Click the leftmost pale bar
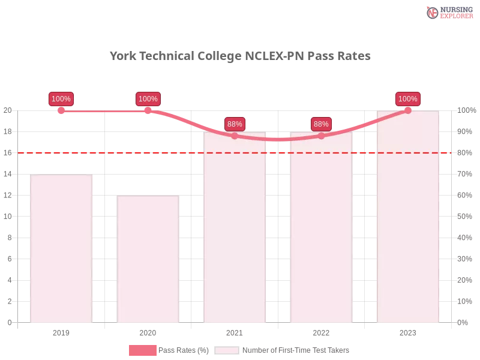61,249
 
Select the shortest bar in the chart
148,259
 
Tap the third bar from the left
235,228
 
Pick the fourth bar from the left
321,228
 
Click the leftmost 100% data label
61,99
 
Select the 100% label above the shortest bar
148,99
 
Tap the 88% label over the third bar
235,124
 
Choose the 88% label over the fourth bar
321,124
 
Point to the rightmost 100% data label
407,99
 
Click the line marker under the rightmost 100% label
407,110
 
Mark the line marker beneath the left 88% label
235,136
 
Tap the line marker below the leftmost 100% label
61,110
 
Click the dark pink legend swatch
142,350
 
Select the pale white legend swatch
226,350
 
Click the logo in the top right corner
448,12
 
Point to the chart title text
240,56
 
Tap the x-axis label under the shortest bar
148,331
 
